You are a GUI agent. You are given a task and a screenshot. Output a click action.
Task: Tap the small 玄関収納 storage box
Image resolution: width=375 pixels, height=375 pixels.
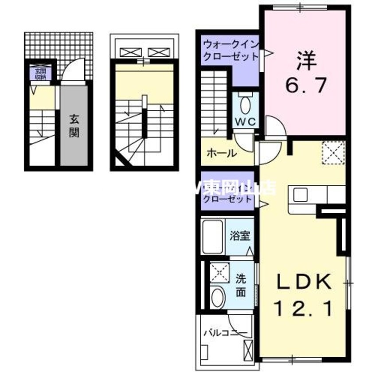[35, 73]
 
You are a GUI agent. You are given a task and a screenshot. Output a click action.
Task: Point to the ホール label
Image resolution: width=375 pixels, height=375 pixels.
[221, 153]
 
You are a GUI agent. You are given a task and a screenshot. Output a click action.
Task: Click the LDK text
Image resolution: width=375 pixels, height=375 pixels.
[304, 281]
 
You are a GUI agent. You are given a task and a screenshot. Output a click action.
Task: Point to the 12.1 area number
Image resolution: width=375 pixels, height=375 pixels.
[304, 308]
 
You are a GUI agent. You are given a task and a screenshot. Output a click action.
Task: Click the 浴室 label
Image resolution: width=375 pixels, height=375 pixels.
[239, 236]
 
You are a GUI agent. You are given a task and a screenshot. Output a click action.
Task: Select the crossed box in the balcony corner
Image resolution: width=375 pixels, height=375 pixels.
[248, 350]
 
